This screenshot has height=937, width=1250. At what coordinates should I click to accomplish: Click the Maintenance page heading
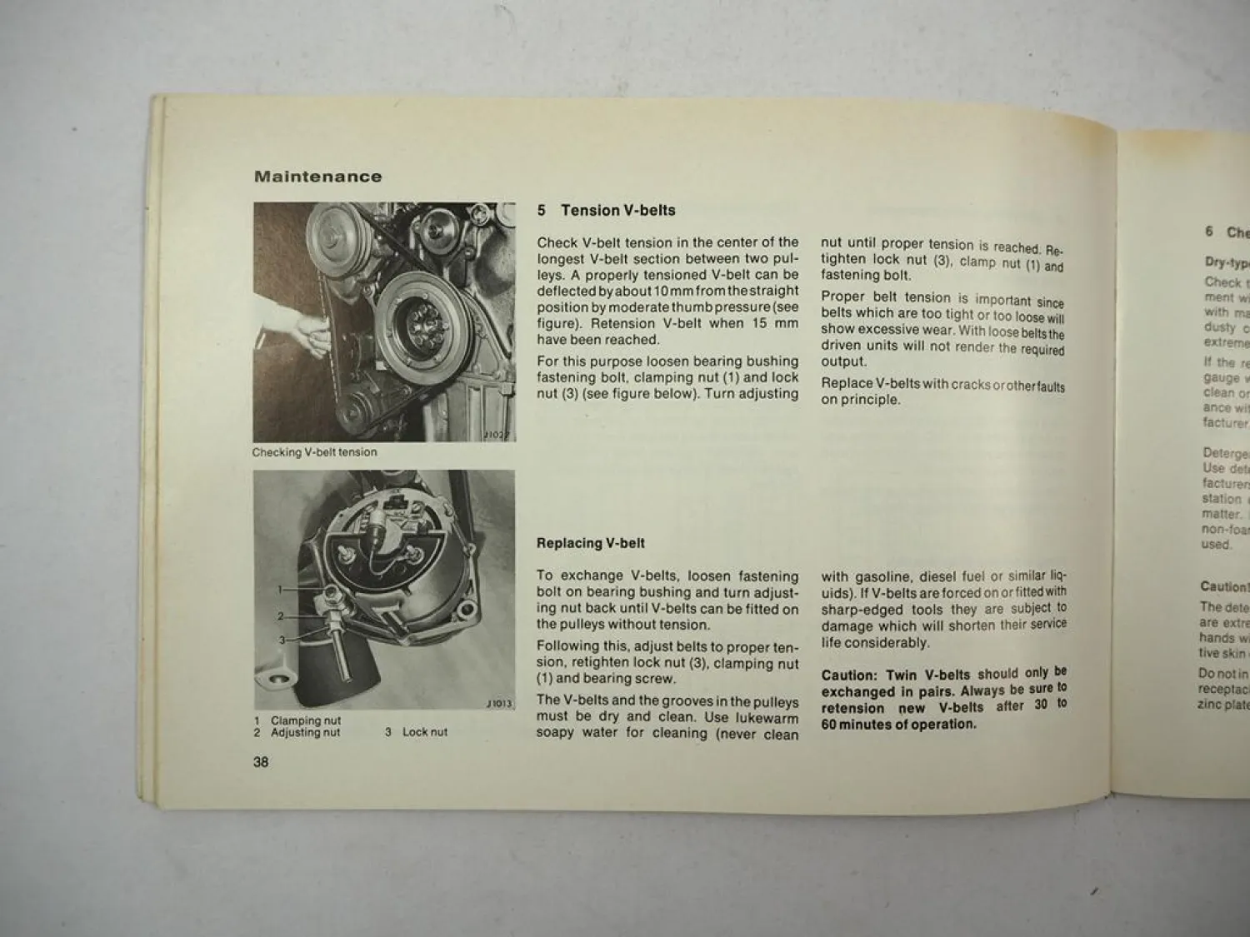pyautogui.click(x=317, y=177)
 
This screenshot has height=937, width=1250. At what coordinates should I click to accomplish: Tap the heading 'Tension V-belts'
pyautogui.click(x=617, y=211)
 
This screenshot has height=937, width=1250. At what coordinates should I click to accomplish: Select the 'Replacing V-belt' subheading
pyautogui.click(x=590, y=543)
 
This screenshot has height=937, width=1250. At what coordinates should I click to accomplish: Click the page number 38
pyautogui.click(x=261, y=762)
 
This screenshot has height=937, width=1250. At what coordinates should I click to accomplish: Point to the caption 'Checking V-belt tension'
pyautogui.click(x=314, y=452)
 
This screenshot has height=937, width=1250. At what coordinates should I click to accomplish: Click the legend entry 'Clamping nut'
pyautogui.click(x=305, y=720)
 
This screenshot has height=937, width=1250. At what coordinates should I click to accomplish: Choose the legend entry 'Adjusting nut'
pyautogui.click(x=305, y=733)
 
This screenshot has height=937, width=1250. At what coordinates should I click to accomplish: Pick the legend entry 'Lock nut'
pyautogui.click(x=424, y=732)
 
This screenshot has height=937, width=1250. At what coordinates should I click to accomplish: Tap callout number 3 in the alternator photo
pyautogui.click(x=282, y=640)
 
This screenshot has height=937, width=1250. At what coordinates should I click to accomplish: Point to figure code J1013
pyautogui.click(x=498, y=704)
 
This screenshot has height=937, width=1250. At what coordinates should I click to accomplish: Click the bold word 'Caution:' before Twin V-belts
pyautogui.click(x=849, y=675)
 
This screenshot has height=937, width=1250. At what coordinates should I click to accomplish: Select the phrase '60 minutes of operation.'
pyautogui.click(x=898, y=725)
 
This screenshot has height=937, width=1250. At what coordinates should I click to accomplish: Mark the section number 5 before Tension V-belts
pyautogui.click(x=541, y=211)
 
